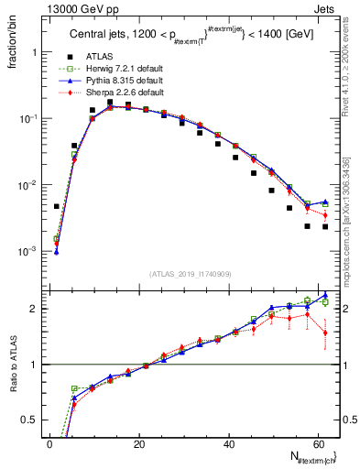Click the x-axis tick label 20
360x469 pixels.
point(139,445)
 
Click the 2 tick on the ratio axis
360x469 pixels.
point(35,309)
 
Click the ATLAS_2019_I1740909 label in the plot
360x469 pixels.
point(190,272)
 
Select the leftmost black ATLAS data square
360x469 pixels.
point(56,206)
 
